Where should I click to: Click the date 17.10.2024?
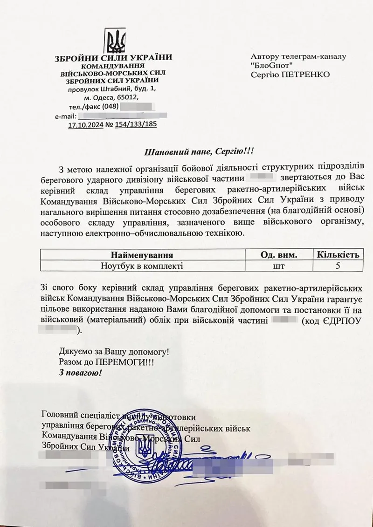click(x=85, y=124)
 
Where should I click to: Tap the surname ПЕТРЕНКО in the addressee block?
click(x=311, y=74)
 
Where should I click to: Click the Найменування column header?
click(x=142, y=255)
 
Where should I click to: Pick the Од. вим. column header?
click(x=278, y=255)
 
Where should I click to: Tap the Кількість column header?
click(x=338, y=255)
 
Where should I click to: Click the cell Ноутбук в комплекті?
click(x=142, y=267)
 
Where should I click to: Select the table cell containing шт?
click(x=278, y=267)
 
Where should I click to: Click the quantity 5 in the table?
click(x=338, y=267)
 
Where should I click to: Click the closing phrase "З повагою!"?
click(x=80, y=373)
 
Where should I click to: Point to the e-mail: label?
click(x=66, y=116)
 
